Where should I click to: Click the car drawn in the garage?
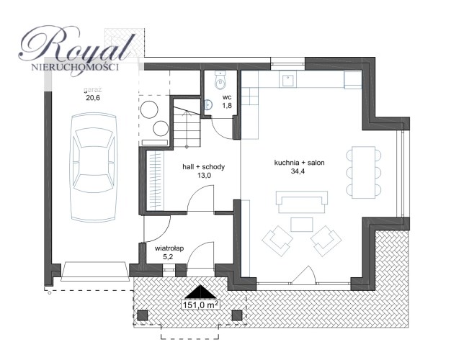(x=94, y=167)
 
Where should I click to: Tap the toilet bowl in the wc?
(x=220, y=80)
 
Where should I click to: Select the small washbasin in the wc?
(x=208, y=104)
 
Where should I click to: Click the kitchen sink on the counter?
(x=287, y=81)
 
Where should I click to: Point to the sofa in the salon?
(x=301, y=202)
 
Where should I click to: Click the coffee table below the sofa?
(x=301, y=225)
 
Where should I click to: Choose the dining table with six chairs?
(x=364, y=173)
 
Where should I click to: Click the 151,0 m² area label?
(x=200, y=305)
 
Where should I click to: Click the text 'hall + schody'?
(x=204, y=167)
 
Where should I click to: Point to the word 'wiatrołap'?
(x=169, y=248)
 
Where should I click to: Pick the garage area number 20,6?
(x=93, y=98)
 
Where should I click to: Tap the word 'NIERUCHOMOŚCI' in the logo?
(x=75, y=68)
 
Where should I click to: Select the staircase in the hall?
(x=187, y=127)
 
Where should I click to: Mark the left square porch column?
(x=143, y=315)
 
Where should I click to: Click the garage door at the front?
(x=94, y=271)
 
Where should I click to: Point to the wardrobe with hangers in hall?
(x=155, y=181)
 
